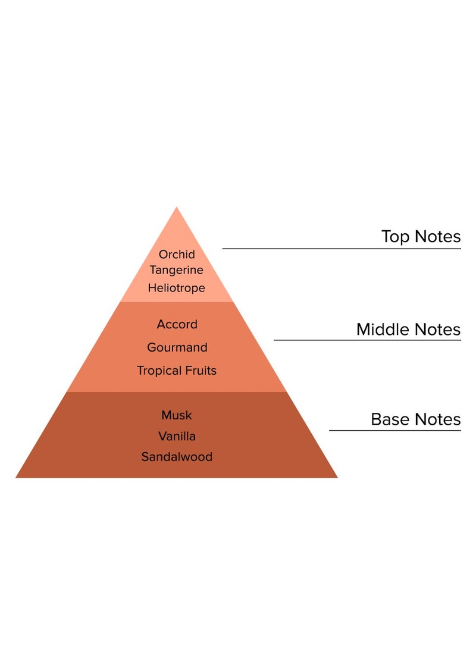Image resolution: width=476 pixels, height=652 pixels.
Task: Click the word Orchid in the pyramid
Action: (x=177, y=255)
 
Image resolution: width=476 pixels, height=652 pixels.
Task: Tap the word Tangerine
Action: (x=177, y=270)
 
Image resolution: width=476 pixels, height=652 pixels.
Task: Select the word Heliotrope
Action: (x=177, y=288)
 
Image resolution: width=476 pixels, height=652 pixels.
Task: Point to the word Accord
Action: (x=177, y=324)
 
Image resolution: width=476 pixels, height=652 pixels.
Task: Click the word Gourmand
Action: (x=177, y=347)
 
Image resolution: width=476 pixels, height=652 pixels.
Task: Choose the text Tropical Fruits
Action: (x=177, y=371)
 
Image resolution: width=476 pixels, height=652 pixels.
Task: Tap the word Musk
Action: (x=177, y=415)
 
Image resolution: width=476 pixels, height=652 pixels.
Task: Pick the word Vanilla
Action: (x=177, y=436)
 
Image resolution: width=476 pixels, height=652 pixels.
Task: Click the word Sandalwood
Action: (x=177, y=457)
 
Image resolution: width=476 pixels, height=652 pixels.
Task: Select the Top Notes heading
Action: (x=421, y=236)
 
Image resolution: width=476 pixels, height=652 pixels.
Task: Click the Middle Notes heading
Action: (x=408, y=329)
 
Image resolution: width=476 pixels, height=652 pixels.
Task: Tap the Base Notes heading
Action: (x=415, y=419)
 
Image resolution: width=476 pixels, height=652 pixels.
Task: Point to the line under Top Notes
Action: (x=342, y=249)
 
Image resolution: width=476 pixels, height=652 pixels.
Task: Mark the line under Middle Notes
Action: (x=367, y=340)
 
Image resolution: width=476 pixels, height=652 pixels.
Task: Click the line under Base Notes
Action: (x=395, y=430)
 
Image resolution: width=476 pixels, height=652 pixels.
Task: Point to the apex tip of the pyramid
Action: (x=177, y=208)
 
